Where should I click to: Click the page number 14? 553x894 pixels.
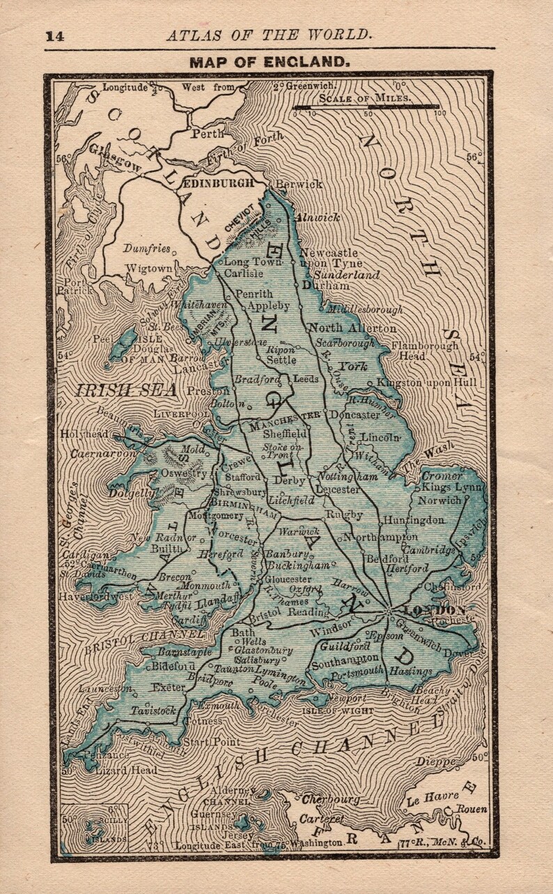click(x=54, y=37)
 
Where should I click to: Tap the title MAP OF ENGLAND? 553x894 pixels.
click(x=269, y=62)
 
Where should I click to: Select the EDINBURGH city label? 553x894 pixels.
click(x=217, y=183)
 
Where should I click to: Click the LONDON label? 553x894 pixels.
click(x=424, y=610)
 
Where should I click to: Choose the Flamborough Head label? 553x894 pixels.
click(x=425, y=350)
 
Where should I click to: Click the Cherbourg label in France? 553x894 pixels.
click(x=330, y=800)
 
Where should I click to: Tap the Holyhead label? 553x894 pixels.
click(x=84, y=434)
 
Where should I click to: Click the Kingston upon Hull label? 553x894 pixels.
click(x=426, y=382)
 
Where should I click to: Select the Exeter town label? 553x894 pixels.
click(x=169, y=687)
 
